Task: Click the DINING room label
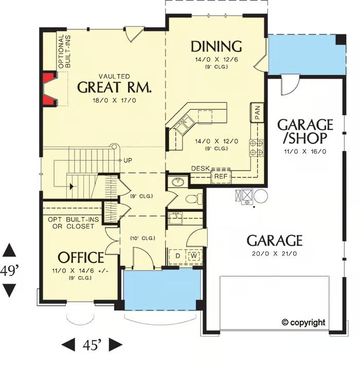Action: (x=216, y=46)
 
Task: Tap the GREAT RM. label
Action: (x=114, y=87)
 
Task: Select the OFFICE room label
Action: (x=81, y=257)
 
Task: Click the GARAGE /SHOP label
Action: (x=305, y=132)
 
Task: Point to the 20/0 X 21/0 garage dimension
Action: (x=275, y=254)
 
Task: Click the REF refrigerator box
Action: (x=221, y=176)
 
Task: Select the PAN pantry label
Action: (x=257, y=113)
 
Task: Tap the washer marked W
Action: (x=194, y=256)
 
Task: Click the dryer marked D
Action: (x=178, y=256)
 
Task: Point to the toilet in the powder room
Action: (x=194, y=199)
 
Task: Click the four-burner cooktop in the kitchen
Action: (x=257, y=148)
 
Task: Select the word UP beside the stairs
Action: (x=128, y=160)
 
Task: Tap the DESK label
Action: (x=201, y=168)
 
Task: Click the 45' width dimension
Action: (x=92, y=345)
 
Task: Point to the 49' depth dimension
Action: (x=9, y=271)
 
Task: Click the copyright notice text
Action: (x=303, y=322)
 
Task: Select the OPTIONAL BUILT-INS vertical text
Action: (x=64, y=51)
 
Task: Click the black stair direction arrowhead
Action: (x=71, y=187)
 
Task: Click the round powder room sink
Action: (x=178, y=182)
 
